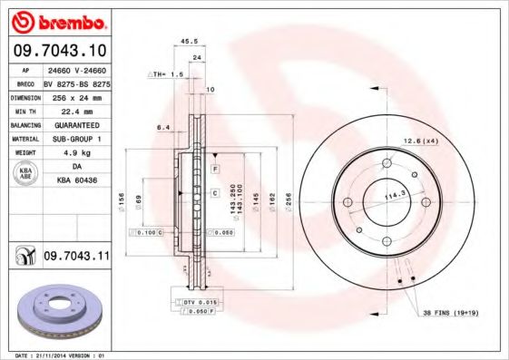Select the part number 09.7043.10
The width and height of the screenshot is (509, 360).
tap(61, 49)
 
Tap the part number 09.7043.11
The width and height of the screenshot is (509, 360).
tap(76, 258)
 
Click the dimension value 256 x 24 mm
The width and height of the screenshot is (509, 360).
tap(77, 96)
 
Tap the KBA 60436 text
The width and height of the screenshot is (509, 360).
tap(77, 180)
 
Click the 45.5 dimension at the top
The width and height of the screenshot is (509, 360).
tap(190, 41)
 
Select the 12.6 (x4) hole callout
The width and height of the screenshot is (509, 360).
tap(420, 141)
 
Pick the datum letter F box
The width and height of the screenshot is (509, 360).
tap(215, 170)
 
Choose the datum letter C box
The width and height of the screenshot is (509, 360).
tap(215, 193)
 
